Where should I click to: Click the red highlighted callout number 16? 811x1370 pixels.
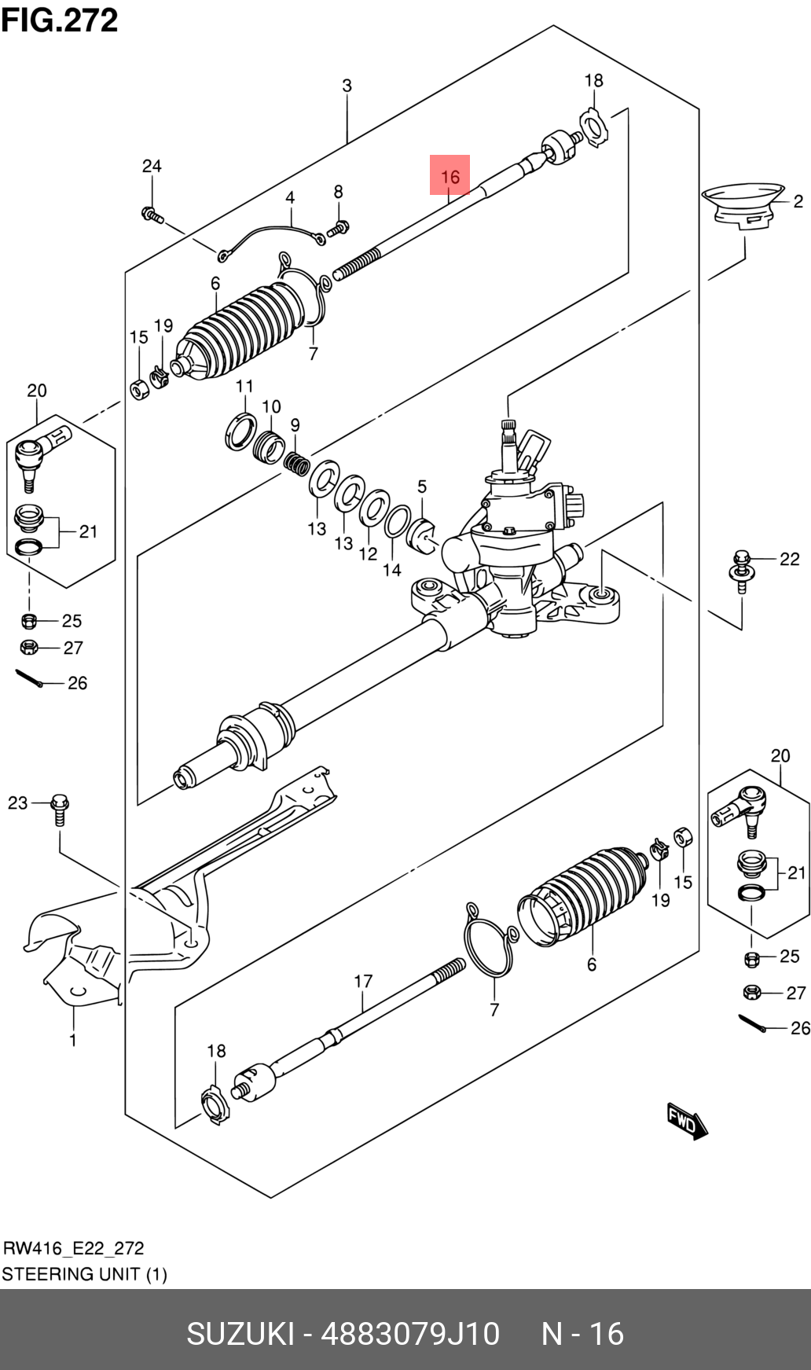(x=450, y=176)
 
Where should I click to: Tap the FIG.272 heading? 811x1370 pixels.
(x=60, y=20)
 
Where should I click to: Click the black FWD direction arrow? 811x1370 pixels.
(x=687, y=1122)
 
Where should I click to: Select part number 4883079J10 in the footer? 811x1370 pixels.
(x=411, y=1334)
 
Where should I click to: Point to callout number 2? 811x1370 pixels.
(x=798, y=201)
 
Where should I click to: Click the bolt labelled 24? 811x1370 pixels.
(x=152, y=214)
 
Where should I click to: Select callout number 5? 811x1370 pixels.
(x=422, y=487)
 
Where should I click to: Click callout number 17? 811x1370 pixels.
(x=363, y=981)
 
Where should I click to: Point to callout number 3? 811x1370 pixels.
(x=347, y=86)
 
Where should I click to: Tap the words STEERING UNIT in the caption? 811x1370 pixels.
(x=71, y=1274)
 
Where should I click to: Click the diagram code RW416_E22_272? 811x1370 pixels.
(x=74, y=1248)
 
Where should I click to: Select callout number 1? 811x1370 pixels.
(x=73, y=1040)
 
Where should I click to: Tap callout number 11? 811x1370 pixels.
(x=244, y=386)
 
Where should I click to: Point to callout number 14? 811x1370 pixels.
(x=392, y=570)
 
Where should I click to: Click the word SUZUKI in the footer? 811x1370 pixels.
(x=240, y=1334)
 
